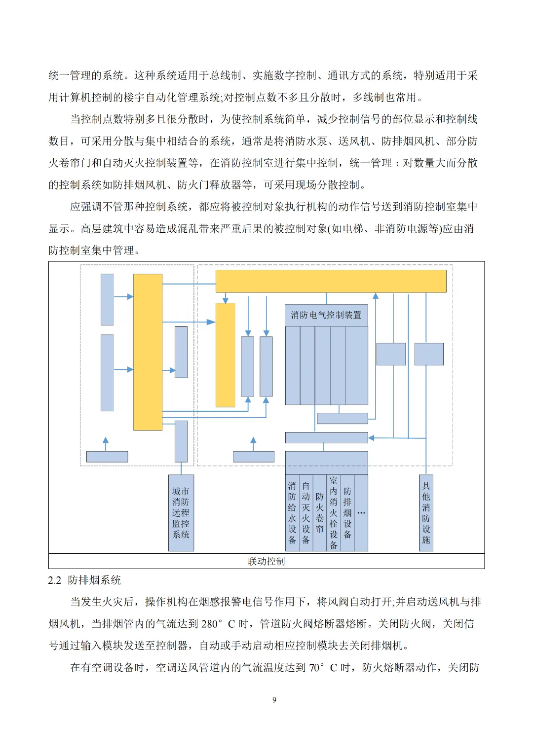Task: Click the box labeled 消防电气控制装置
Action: point(326,315)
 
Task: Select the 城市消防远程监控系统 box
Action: point(181,512)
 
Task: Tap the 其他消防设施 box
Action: point(426,512)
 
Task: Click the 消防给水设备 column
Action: point(292,512)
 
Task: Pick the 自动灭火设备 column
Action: point(306,512)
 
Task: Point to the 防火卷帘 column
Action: point(320,512)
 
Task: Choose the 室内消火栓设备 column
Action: point(334,512)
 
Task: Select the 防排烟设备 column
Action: point(347,512)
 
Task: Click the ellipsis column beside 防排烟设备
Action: point(361,513)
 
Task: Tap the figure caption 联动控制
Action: point(266,561)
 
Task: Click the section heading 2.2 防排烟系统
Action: point(84,580)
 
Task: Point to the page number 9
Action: point(274,700)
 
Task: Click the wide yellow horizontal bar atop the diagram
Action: point(331,281)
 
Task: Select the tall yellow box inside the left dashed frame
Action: point(148,352)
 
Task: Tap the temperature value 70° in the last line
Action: point(317,668)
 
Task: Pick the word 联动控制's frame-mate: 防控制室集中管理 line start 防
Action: point(54,251)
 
